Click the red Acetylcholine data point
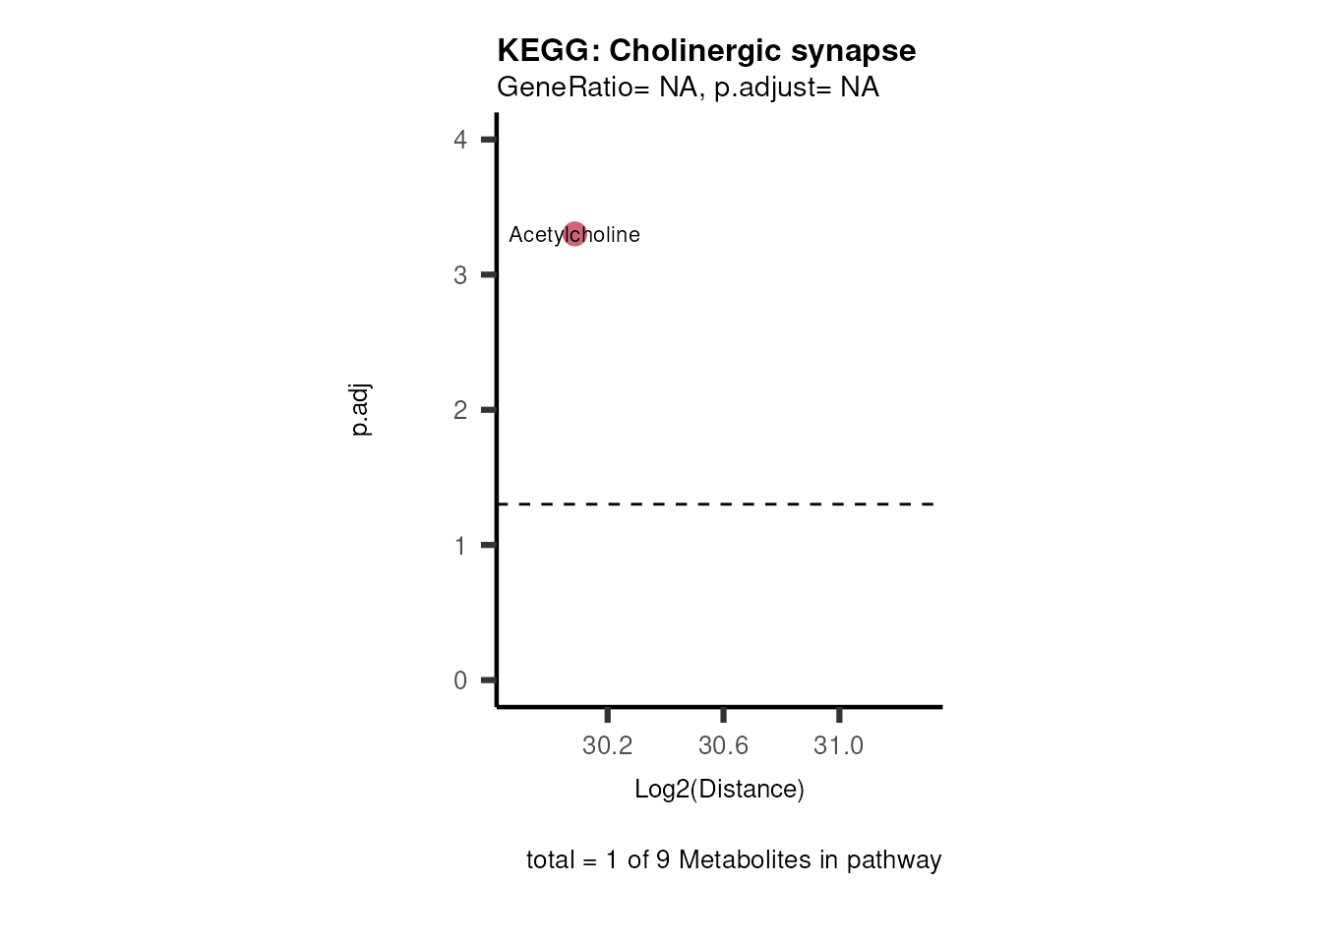point(574,234)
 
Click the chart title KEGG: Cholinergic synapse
point(705,51)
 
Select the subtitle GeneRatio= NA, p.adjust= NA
point(688,88)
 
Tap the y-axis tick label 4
point(460,140)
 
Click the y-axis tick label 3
point(460,275)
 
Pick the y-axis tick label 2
point(460,410)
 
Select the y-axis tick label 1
point(460,546)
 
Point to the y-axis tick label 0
point(460,680)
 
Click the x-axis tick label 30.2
point(607,746)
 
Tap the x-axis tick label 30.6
point(723,746)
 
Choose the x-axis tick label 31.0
point(838,746)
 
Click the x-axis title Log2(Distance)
point(719,790)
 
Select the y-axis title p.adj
point(361,409)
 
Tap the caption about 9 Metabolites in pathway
point(734,860)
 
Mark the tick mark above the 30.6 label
point(723,715)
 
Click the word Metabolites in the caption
point(744,860)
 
